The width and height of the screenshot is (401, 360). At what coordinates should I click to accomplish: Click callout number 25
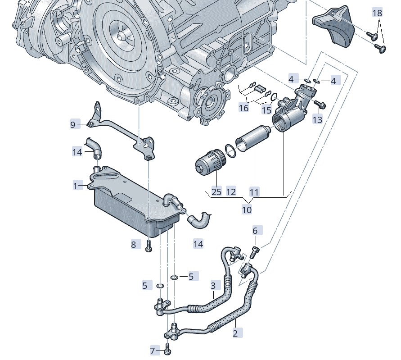pos(216,191)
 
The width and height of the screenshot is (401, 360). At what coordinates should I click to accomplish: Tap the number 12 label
pos(231,191)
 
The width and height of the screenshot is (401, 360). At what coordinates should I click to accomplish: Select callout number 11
pos(254,191)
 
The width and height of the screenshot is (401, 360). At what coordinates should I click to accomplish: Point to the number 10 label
pos(247,210)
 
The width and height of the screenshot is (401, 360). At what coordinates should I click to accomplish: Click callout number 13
pos(318,119)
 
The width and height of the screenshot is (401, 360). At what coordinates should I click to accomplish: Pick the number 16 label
pos(243,109)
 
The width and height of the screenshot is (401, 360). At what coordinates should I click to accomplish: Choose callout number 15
pos(267,110)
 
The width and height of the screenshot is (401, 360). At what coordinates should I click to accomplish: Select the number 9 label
pos(73,124)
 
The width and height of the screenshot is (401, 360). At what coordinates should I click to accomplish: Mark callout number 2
pos(235,333)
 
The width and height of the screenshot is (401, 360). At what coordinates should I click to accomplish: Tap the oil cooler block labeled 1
pos(128,203)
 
